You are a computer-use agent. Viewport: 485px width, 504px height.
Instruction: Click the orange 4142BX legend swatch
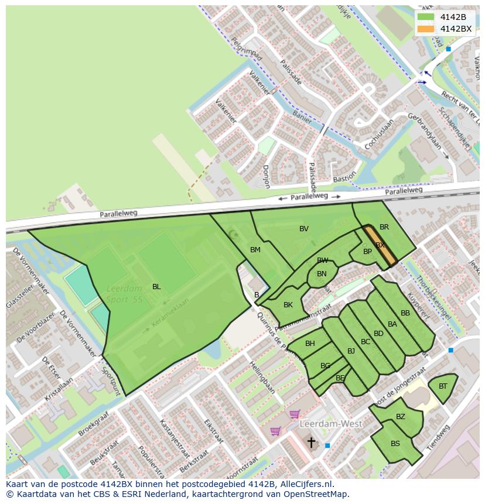(426, 29)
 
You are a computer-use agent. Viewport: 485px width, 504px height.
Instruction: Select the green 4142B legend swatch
(426, 17)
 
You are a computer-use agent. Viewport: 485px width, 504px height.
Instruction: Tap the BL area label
(156, 287)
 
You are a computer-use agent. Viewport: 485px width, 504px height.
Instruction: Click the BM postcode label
(255, 250)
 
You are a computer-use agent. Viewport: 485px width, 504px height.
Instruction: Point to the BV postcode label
(304, 229)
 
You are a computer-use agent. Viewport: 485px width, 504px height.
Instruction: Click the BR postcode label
(384, 227)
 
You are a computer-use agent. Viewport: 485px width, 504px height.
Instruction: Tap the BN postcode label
(322, 274)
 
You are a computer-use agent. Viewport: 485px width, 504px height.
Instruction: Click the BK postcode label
(288, 305)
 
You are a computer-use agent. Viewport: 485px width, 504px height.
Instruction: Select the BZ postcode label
(401, 417)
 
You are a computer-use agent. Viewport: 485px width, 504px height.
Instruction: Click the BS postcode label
(395, 444)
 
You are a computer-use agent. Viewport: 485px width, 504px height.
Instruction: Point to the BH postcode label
(310, 344)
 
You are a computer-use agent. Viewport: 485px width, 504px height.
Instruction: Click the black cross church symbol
(312, 442)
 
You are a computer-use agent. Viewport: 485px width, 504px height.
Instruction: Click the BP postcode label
(367, 252)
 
